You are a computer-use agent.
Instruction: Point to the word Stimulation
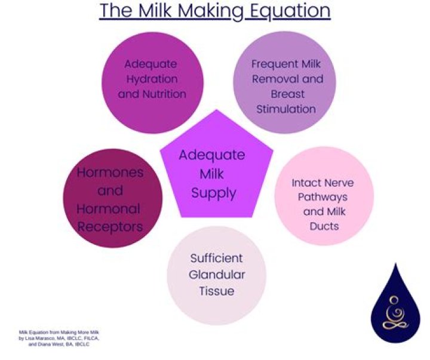[x=285, y=109]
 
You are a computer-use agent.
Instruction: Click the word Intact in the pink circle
[x=308, y=183]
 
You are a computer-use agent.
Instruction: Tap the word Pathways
[x=324, y=197]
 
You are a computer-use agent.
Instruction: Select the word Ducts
[x=324, y=226]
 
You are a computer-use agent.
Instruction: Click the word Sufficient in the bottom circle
[x=216, y=259]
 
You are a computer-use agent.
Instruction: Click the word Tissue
[x=216, y=291]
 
